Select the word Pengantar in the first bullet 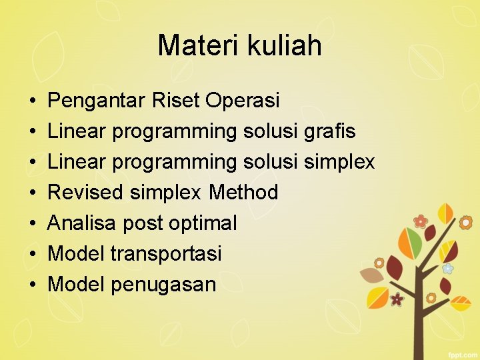[97, 101]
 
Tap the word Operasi [243, 101]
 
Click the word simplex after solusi [339, 162]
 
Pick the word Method [243, 193]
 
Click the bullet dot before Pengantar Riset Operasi [33, 101]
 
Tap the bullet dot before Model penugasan [33, 285]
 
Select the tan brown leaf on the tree [371, 275]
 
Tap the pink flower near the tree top [420, 221]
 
